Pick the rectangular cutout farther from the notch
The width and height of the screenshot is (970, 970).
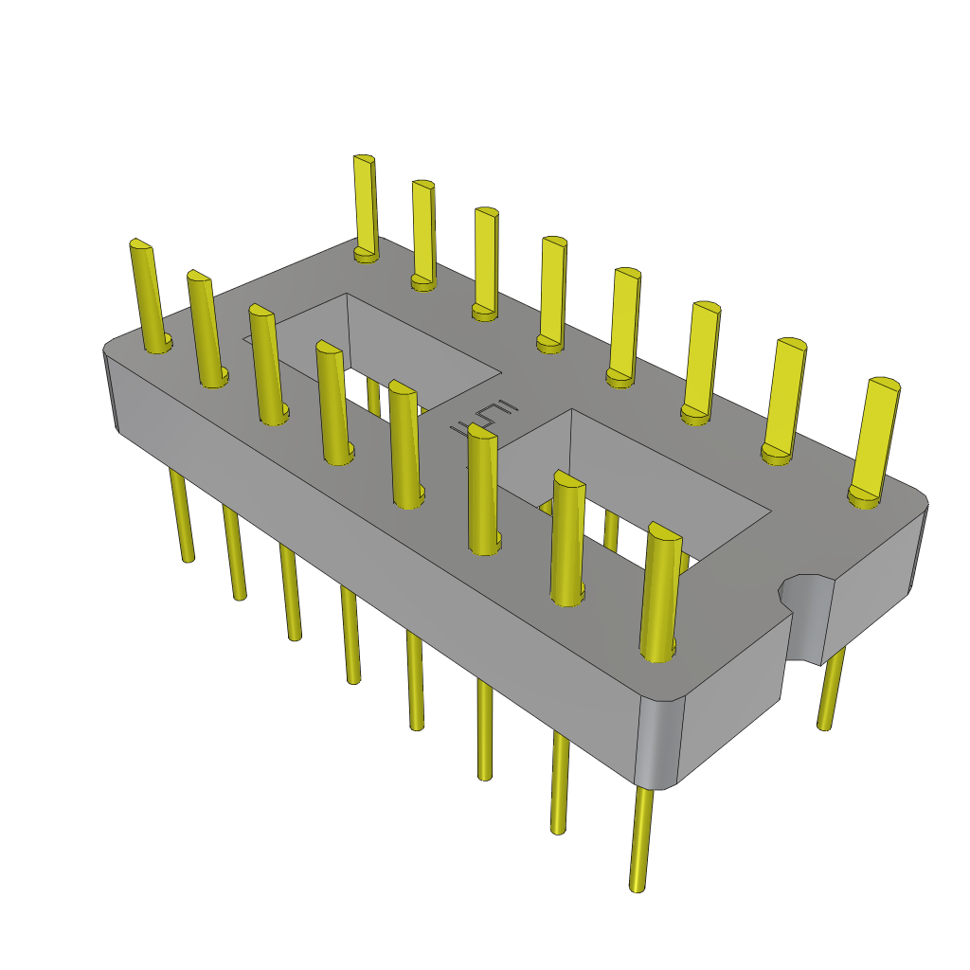click(398, 350)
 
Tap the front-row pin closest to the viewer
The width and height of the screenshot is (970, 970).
click(661, 587)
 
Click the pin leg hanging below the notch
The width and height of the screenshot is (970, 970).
click(831, 692)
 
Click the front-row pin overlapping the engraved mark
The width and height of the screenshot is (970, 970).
click(483, 488)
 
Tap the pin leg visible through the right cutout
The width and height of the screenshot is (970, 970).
click(611, 530)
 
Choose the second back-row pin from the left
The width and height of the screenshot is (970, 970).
click(423, 232)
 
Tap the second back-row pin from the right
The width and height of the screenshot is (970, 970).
click(785, 398)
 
